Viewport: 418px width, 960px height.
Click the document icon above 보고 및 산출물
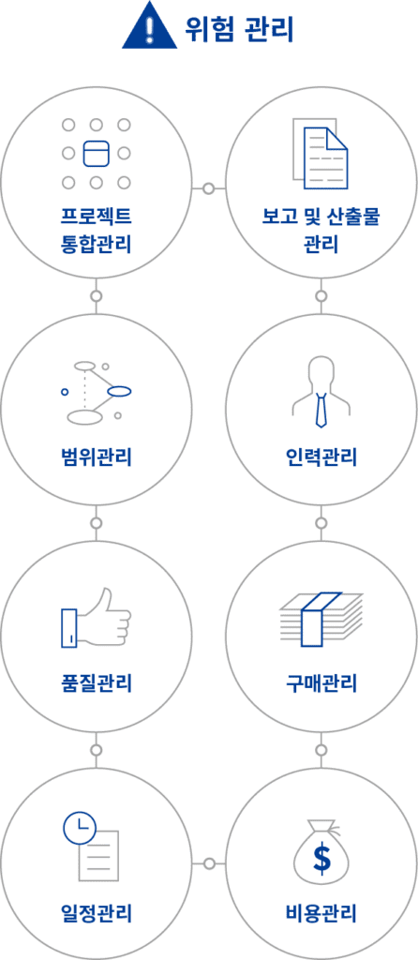[321, 155]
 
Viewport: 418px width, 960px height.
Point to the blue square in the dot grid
[96, 153]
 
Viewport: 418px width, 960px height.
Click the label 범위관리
[97, 457]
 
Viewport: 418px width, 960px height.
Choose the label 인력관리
[321, 457]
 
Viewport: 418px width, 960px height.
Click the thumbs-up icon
[97, 619]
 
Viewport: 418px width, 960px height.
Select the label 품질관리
[97, 682]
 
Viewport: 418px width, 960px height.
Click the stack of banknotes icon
[321, 619]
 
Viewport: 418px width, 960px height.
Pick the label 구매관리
[321, 682]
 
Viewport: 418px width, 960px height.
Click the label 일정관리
[97, 913]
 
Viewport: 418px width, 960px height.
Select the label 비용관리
[321, 913]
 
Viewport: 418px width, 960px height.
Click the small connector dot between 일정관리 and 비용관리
[209, 863]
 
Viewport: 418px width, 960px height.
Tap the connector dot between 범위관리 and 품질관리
[97, 523]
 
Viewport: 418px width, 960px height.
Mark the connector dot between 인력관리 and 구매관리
[321, 523]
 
